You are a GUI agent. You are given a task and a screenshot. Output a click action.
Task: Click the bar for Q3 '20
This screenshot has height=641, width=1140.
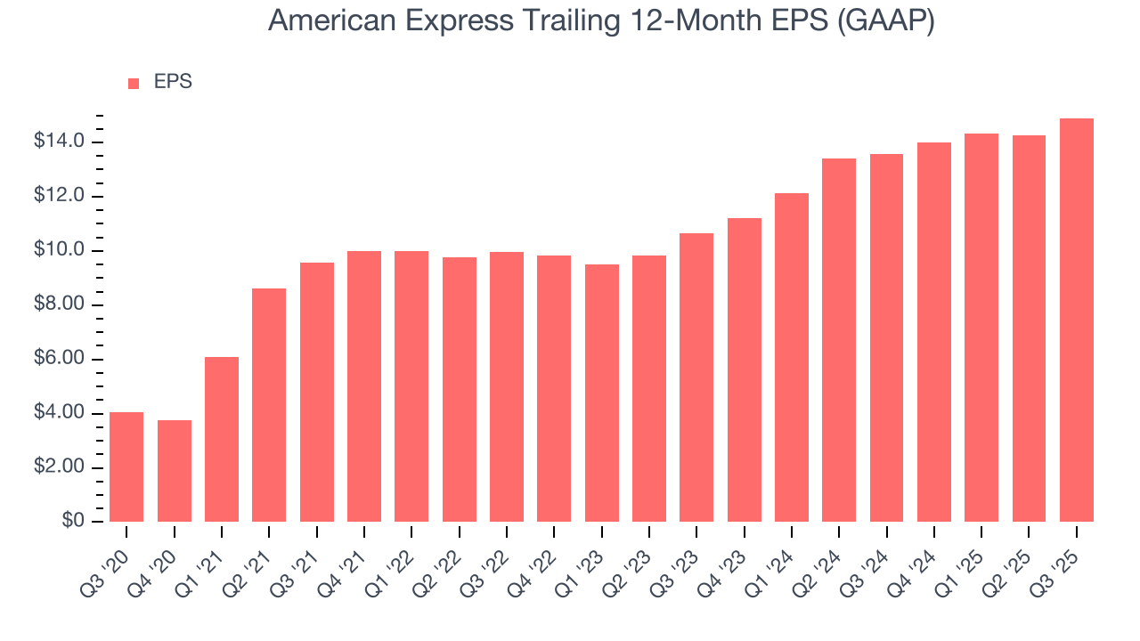pos(126,467)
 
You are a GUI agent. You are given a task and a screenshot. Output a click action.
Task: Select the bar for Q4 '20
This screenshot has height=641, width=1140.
pos(174,471)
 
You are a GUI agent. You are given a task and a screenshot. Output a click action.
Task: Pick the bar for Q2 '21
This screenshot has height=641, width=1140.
pos(269,405)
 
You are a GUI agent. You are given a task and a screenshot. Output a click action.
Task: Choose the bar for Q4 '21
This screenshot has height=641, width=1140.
pos(364,386)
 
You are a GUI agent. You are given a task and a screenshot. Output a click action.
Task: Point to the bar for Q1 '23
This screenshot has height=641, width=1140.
pos(601,393)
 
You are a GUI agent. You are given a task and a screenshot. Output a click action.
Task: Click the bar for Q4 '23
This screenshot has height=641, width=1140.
pos(744,369)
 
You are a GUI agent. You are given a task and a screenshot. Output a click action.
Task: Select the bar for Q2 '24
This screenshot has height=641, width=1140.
pos(839,340)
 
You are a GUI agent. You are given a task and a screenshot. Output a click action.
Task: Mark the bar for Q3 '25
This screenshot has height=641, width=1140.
pos(1077,320)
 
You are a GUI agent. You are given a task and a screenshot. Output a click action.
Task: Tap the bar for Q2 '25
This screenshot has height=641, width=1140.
pos(1029,329)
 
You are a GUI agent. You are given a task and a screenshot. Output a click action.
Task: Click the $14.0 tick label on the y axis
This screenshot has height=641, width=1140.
pos(60,142)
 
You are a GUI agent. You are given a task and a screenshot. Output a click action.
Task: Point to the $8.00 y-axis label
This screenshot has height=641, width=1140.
pos(60,305)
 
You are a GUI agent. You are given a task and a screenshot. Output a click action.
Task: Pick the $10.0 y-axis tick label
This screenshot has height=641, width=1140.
pos(60,251)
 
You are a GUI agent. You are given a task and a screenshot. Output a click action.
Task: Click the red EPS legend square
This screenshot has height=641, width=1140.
pos(134,83)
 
